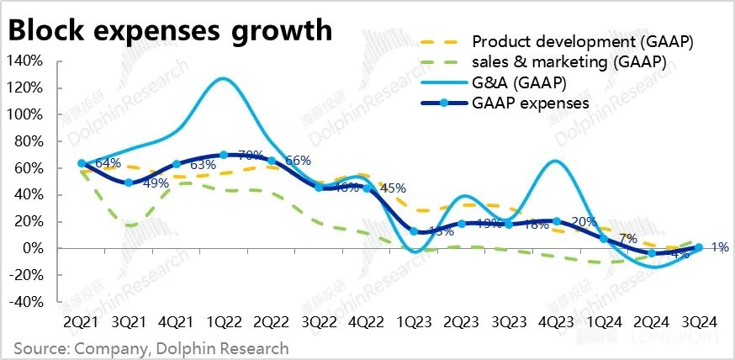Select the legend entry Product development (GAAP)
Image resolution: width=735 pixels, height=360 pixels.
[587, 42]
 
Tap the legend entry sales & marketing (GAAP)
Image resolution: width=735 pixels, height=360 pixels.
[568, 62]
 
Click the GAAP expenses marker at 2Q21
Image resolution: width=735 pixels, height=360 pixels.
[81, 163]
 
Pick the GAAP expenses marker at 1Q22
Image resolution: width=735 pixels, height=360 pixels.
[223, 155]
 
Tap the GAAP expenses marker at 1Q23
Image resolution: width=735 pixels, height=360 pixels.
[413, 231]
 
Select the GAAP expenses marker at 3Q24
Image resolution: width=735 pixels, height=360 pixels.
[698, 247]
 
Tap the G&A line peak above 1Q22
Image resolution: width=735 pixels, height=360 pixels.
[221, 79]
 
